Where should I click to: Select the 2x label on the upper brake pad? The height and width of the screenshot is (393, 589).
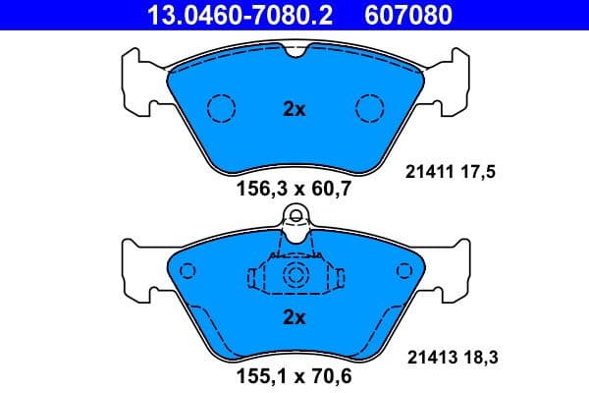click(x=294, y=109)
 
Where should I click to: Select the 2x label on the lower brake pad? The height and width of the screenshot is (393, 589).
click(x=294, y=317)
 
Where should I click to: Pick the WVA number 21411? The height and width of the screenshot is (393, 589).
click(x=428, y=172)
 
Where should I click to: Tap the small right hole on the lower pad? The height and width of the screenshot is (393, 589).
click(x=402, y=272)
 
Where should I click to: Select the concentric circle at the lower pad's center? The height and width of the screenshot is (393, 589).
click(x=294, y=277)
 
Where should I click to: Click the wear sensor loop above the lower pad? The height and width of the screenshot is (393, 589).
click(x=294, y=216)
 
